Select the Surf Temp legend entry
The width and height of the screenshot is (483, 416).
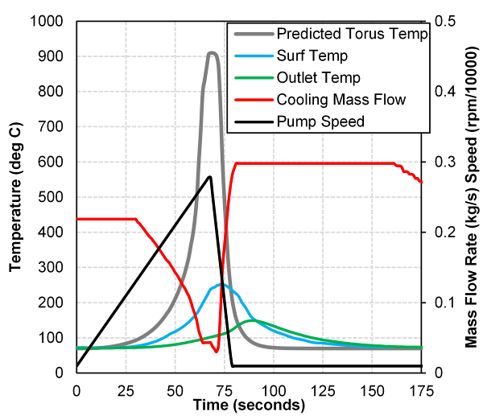click(x=312, y=56)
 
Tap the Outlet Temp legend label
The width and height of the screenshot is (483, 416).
click(x=318, y=78)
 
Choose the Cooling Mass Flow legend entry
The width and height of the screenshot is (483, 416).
click(x=341, y=100)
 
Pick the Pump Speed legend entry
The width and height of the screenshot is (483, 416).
click(x=320, y=122)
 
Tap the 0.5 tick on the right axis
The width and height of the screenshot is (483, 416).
click(x=444, y=21)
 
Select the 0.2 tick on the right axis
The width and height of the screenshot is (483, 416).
click(x=444, y=232)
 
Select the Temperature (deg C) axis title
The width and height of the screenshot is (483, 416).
click(x=15, y=196)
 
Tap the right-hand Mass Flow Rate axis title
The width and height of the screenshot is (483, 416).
click(x=471, y=196)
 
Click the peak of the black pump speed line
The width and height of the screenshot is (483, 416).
click(x=210, y=177)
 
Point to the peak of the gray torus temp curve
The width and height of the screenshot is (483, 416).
click(x=212, y=54)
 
